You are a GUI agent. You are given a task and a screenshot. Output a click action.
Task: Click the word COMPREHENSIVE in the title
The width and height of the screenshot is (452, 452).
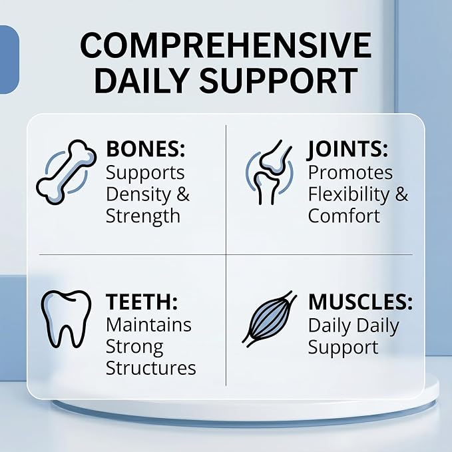[x=226, y=45]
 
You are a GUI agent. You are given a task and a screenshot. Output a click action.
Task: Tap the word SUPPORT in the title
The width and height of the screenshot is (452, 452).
[x=279, y=81]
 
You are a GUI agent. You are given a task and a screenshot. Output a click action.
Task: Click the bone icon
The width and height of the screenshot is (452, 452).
[x=67, y=172]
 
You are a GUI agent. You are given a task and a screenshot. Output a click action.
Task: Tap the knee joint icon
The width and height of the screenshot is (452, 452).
[x=269, y=172]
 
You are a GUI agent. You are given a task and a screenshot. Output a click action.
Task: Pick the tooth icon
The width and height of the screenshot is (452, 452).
[x=66, y=319]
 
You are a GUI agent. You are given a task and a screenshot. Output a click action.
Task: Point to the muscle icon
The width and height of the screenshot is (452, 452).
[x=269, y=319]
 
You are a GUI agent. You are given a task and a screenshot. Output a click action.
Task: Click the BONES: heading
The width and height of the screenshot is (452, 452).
[x=146, y=148]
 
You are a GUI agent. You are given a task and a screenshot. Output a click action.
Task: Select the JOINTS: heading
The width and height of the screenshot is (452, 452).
[x=347, y=149]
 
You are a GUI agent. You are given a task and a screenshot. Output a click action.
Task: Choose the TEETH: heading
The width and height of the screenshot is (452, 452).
[x=142, y=302]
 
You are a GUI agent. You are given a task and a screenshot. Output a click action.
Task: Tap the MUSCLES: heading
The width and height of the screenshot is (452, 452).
[x=360, y=302]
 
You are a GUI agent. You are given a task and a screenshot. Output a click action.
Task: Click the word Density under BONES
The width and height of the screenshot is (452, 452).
[x=139, y=194]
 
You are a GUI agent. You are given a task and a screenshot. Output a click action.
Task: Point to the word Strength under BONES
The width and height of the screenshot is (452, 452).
[x=143, y=216]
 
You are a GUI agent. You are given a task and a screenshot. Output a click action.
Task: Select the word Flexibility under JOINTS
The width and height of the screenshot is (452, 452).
[x=349, y=194]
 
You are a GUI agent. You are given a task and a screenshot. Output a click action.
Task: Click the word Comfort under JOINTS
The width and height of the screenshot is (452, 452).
[x=344, y=216]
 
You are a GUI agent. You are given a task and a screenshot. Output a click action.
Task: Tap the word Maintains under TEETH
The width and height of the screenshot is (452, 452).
[x=148, y=325]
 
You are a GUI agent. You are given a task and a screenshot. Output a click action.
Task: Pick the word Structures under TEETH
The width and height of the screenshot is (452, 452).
[x=150, y=367]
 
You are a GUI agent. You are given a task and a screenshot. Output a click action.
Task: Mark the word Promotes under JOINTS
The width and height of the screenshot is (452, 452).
[x=351, y=172]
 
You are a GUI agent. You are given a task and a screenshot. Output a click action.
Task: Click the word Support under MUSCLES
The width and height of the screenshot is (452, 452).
[x=343, y=347]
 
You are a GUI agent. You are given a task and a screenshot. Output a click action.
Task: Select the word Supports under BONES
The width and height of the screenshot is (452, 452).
[x=145, y=173]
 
